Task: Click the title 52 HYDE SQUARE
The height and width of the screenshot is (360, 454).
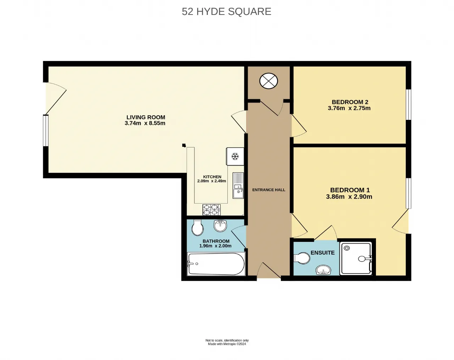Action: (226, 12)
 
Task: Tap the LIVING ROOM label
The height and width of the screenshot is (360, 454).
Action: (146, 117)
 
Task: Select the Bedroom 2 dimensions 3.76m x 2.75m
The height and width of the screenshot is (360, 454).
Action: (349, 108)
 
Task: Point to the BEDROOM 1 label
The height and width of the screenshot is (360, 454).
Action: (350, 190)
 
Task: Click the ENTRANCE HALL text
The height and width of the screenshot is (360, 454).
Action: (268, 190)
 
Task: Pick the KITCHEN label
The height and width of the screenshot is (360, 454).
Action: (212, 177)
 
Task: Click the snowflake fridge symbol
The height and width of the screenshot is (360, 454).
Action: (235, 156)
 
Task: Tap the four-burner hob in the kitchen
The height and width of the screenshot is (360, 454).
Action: (211, 210)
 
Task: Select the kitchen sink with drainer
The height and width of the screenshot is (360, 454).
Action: (238, 185)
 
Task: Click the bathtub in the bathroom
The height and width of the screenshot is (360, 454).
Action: (216, 264)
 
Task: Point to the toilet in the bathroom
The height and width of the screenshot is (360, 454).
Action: (197, 227)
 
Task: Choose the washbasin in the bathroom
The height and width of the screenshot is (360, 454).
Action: (220, 226)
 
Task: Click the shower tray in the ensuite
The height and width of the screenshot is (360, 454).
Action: (356, 259)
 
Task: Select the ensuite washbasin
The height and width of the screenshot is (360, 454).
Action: (323, 270)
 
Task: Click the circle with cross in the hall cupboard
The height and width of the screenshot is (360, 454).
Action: (268, 81)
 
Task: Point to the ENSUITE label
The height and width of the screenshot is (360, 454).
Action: (322, 253)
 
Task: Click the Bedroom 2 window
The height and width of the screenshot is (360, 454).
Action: (409, 105)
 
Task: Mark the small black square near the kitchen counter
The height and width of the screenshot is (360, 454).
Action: (184, 145)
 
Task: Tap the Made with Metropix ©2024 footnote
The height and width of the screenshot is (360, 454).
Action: (227, 344)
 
